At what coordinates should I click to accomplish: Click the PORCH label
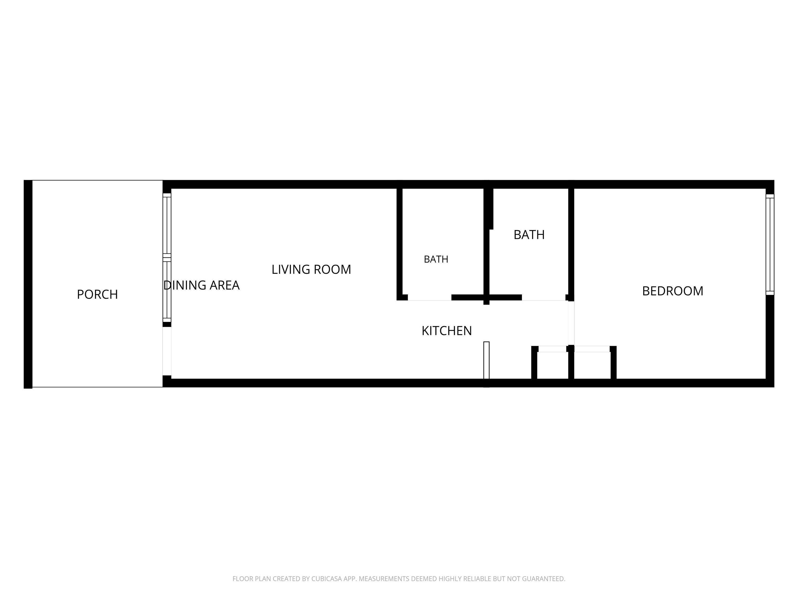pos(97,294)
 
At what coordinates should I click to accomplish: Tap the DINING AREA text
pos(201,285)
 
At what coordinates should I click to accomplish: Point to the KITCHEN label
pos(447,331)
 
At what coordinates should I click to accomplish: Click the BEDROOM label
pos(673,291)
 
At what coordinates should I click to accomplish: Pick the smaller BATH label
pos(436,259)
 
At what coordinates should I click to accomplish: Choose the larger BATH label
pos(529,235)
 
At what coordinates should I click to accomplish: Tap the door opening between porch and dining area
pos(167,351)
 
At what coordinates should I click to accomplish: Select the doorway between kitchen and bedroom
pos(571,323)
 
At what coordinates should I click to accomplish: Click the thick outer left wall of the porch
pos(28,284)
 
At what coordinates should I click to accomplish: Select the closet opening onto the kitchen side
pos(552,349)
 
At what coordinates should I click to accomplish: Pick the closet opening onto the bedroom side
pos(592,349)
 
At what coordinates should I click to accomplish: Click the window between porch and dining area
pos(167,257)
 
